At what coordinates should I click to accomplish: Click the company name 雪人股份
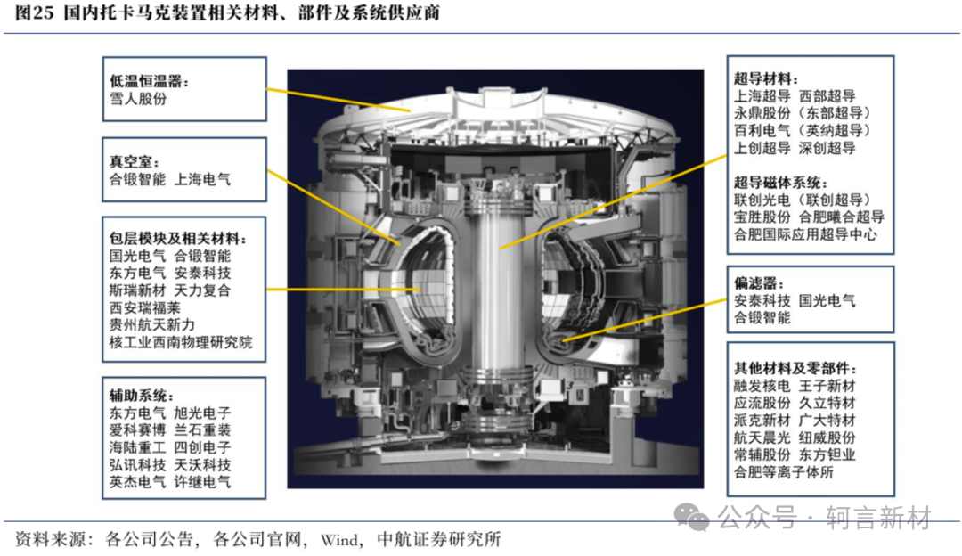(x=138, y=99)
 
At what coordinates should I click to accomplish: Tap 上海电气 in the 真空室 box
(x=202, y=179)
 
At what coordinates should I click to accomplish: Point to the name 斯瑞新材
(x=137, y=290)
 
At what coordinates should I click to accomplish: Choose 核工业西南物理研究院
(x=181, y=342)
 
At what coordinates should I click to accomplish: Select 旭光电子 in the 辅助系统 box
(x=202, y=413)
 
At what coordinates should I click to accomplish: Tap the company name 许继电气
(x=202, y=482)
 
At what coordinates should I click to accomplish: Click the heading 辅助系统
(x=138, y=396)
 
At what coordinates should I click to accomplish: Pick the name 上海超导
(x=762, y=95)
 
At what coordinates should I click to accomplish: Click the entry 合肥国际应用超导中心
(x=805, y=234)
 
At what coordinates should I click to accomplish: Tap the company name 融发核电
(x=762, y=386)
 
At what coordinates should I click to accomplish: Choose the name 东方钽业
(x=827, y=454)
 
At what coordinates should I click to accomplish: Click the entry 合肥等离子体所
(x=784, y=472)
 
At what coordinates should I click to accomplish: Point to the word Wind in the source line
(x=338, y=540)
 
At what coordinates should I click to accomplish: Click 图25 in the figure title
(x=35, y=12)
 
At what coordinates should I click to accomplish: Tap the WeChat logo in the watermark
(x=692, y=518)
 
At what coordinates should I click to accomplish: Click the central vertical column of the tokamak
(x=496, y=289)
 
